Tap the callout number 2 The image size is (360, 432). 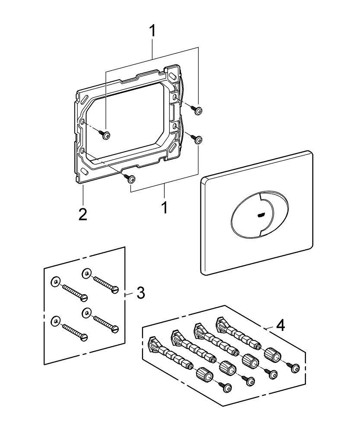(x=83, y=214)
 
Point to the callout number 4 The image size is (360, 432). (x=280, y=325)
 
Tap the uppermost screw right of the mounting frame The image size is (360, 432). (x=198, y=111)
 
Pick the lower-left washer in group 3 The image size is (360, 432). (x=55, y=321)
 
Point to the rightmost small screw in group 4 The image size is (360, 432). (x=296, y=368)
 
